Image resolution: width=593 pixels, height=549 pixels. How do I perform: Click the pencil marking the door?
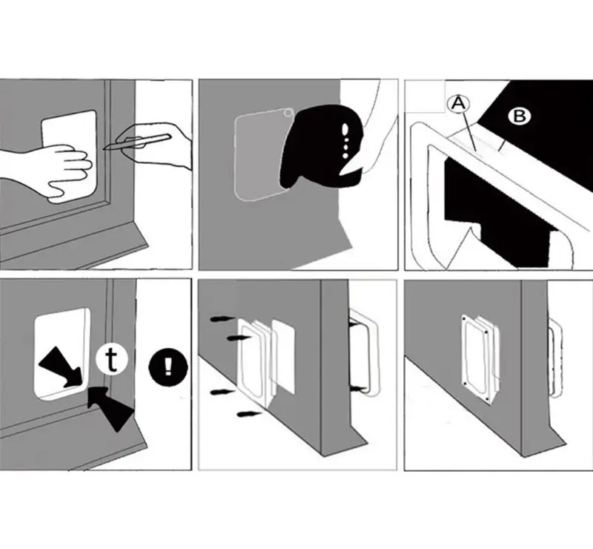point(137,142)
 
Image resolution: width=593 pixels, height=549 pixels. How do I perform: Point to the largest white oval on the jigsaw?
point(345,130)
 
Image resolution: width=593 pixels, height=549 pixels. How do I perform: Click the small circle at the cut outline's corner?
point(288,113)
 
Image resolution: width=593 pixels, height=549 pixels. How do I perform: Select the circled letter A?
point(459,103)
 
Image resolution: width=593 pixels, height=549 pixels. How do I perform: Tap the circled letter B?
point(520,116)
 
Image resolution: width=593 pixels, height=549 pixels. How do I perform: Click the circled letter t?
point(112,360)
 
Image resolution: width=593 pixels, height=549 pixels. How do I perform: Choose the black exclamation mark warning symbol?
point(168,367)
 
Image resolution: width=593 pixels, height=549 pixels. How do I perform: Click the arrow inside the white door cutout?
point(61,368)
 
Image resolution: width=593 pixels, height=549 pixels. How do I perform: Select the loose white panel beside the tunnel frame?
point(283,357)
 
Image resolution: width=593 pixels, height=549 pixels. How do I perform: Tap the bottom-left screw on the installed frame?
point(465,384)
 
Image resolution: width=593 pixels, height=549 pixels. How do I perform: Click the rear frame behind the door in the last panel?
point(555,358)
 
